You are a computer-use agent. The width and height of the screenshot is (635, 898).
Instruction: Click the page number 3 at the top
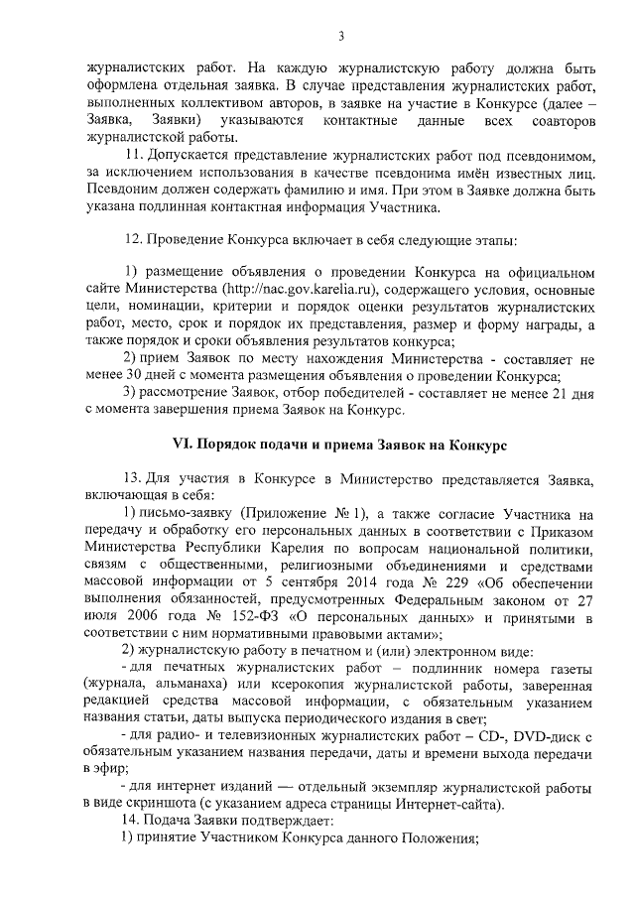coord(340,37)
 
